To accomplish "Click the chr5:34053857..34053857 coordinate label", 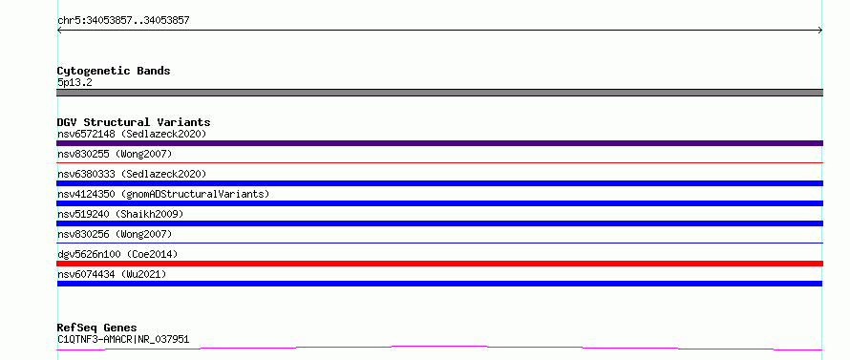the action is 123,21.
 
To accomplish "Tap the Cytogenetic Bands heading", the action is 114,71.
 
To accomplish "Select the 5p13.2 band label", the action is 74,83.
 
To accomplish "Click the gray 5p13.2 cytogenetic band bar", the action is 439,93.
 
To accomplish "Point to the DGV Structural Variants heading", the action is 134,122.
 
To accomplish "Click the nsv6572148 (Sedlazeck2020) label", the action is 132,134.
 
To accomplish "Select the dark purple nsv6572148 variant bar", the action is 439,143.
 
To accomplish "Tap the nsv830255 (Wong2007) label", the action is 115,154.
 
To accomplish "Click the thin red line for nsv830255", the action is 439,162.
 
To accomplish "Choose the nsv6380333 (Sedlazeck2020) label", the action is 132,174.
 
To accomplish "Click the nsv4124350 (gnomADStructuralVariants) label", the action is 163,194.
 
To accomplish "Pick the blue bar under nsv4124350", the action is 439,203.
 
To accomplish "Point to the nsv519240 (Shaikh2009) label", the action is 120,214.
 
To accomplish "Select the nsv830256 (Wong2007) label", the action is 115,234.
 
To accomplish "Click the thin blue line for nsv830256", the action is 439,243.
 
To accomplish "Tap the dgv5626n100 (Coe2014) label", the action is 117,254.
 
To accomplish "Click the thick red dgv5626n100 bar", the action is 439,264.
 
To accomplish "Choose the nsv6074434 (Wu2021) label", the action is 112,274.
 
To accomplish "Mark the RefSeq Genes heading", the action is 97,328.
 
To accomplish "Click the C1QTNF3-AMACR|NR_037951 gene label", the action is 123,340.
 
